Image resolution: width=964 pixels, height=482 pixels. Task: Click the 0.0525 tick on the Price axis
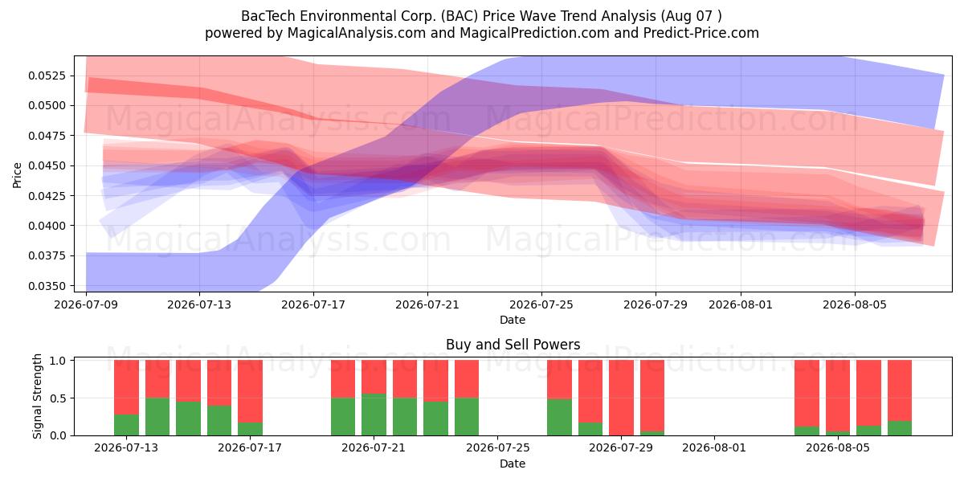click(47, 76)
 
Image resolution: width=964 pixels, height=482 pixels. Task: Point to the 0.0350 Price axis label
click(47, 286)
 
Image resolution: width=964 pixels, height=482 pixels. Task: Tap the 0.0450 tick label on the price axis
click(47, 165)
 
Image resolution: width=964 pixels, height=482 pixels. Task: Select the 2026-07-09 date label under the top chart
click(86, 304)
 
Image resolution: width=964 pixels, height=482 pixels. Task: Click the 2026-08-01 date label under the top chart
click(741, 304)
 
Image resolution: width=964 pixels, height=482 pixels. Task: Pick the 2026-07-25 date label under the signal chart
click(497, 447)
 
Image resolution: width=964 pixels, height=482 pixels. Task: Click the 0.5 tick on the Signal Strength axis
click(58, 398)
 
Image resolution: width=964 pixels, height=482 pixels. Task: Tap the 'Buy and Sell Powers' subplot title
click(513, 345)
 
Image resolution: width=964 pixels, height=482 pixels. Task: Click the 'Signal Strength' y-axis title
click(38, 396)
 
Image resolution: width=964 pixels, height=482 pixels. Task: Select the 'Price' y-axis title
click(17, 175)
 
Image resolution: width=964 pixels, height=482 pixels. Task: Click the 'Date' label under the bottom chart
click(513, 464)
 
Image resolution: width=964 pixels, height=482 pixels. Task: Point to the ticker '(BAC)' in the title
click(460, 16)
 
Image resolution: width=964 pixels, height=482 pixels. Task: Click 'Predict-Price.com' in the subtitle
click(701, 33)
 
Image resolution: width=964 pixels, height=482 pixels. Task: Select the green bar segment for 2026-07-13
click(127, 425)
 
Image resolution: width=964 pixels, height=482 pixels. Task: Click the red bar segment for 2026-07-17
click(250, 391)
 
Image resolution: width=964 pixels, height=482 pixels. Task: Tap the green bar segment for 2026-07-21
click(374, 415)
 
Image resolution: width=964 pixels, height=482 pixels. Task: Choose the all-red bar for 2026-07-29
click(622, 398)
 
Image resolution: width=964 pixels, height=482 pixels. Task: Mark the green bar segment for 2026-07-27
click(559, 418)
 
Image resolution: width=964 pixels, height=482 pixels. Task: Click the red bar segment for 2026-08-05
click(838, 395)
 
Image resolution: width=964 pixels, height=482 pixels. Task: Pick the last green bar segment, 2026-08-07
click(900, 428)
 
